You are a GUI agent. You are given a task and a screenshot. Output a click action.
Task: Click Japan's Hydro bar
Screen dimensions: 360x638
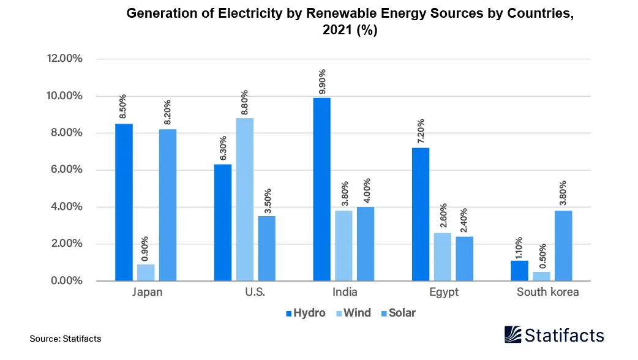tap(124, 202)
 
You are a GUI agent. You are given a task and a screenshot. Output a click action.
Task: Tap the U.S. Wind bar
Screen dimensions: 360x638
tap(244, 199)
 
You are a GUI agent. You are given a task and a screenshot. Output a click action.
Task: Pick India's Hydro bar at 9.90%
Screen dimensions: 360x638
tap(321, 189)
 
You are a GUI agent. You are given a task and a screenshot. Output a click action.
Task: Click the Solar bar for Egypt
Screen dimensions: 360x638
tap(464, 258)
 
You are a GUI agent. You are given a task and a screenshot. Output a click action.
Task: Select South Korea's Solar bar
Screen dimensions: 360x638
tap(563, 246)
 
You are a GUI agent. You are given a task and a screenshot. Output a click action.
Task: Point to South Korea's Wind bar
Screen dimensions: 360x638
tap(541, 276)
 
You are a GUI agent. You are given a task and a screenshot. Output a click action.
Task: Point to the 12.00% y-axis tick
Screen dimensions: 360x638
tap(64, 59)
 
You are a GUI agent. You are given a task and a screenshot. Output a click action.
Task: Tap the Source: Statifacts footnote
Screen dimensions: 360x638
tap(65, 338)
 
